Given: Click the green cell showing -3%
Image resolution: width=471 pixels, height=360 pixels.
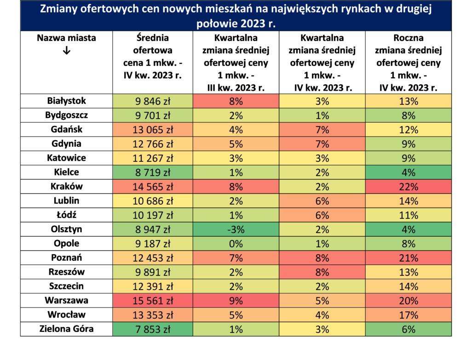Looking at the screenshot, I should point(236,229).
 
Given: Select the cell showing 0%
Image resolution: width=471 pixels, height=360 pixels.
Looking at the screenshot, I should point(236,244).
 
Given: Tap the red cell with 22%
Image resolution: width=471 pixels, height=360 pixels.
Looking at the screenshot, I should point(408,187).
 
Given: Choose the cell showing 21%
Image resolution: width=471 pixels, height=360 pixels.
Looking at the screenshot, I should point(408,258).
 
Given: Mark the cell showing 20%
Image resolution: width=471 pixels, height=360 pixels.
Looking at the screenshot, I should point(408,301).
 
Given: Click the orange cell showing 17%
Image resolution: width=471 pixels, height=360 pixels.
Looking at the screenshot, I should point(408,315).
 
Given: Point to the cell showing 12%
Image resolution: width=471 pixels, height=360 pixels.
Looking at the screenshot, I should point(408,129).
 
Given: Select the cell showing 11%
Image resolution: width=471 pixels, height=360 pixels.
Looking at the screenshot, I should point(408,215).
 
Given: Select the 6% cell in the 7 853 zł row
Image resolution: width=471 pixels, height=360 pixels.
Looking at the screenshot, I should point(408,329).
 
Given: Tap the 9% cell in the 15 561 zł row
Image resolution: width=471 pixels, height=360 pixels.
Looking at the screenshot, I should point(236,301).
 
